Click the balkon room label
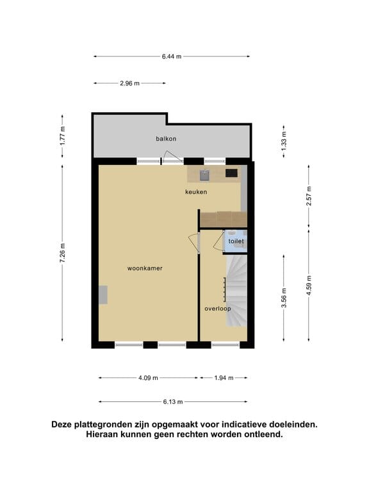(x=166, y=139)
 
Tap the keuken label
(x=195, y=191)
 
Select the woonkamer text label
(x=145, y=268)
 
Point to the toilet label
(x=236, y=241)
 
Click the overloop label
(x=217, y=308)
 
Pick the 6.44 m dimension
(x=172, y=56)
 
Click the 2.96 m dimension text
(x=129, y=83)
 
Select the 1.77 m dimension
(x=63, y=135)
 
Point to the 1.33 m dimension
(x=284, y=139)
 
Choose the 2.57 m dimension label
(x=309, y=194)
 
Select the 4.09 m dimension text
(x=148, y=377)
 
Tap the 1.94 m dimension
(x=223, y=377)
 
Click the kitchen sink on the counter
(x=205, y=173)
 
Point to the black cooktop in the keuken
(x=231, y=173)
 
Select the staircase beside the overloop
(x=236, y=289)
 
